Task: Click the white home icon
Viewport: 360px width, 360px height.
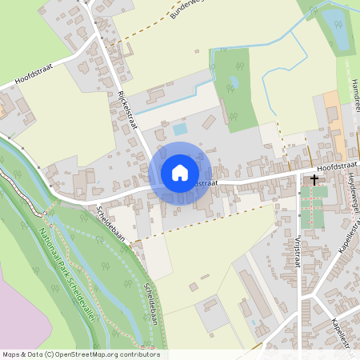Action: [x=180, y=173]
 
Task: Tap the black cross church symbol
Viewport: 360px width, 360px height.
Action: [x=314, y=180]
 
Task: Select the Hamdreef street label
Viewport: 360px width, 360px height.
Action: [x=353, y=95]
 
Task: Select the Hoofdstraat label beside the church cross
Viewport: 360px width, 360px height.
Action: [x=338, y=166]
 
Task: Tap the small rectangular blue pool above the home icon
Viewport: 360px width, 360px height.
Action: [x=180, y=128]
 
